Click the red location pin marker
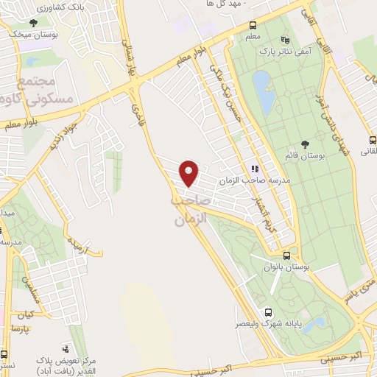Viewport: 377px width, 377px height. pos(190,172)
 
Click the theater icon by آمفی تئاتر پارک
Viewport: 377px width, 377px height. pos(286,40)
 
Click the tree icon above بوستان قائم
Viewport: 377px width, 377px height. pos(305,144)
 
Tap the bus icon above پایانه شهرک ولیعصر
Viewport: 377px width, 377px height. pos(269,311)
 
